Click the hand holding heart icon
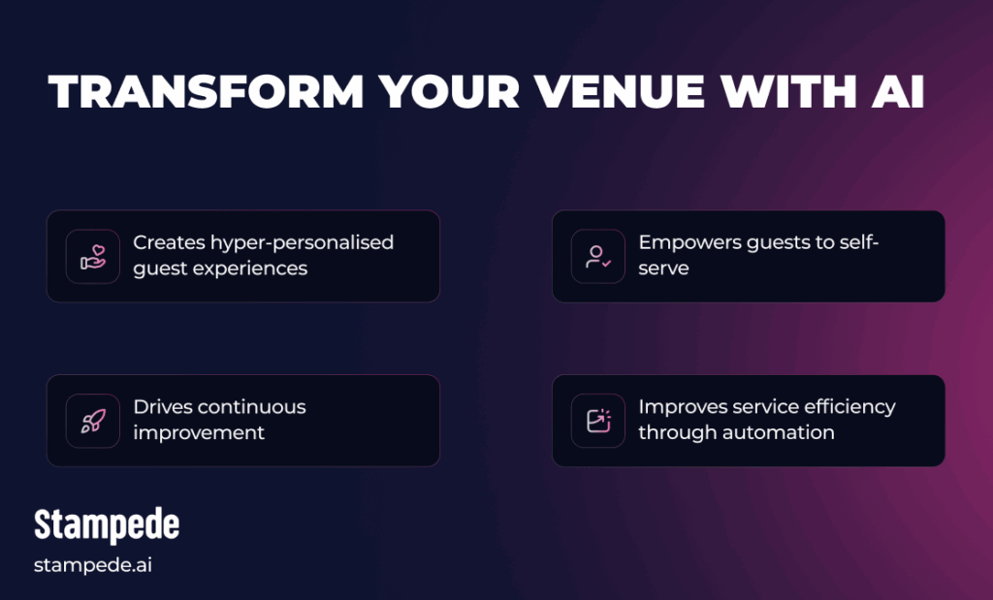tap(93, 257)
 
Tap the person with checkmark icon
tap(598, 257)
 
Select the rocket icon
tap(93, 421)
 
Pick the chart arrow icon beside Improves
tap(598, 421)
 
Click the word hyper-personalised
tap(302, 242)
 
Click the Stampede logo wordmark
tap(107, 524)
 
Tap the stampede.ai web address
tap(93, 565)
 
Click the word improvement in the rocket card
tap(199, 432)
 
